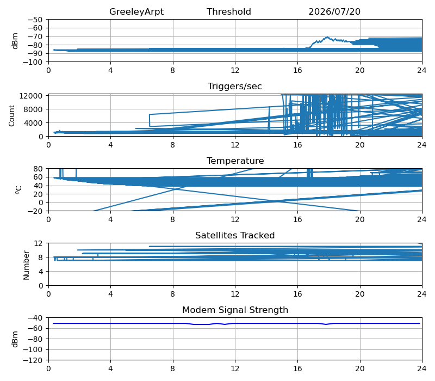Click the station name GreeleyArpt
(136, 11)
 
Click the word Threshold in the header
(228, 11)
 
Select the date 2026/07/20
(334, 11)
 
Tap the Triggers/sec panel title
(235, 87)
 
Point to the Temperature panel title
(235, 161)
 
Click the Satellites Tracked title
(235, 235)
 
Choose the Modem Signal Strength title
(235, 310)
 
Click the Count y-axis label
(11, 115)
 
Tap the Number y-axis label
(26, 265)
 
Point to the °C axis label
(18, 190)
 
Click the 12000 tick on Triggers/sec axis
(31, 96)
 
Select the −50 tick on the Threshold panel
(35, 20)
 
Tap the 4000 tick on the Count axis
(33, 123)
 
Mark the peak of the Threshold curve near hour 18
(327, 36)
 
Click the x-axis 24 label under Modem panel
(422, 369)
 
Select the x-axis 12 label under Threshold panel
(235, 71)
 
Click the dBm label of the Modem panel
(15, 339)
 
